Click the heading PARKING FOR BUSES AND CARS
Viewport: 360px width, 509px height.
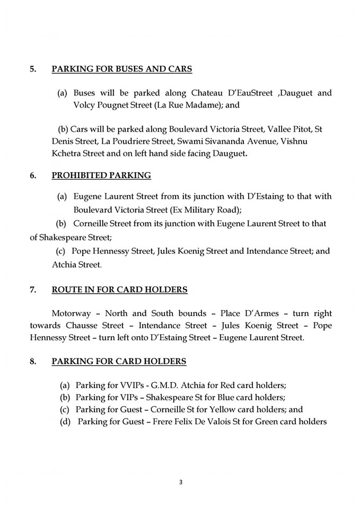click(x=121, y=69)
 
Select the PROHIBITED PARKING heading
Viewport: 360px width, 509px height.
click(x=101, y=175)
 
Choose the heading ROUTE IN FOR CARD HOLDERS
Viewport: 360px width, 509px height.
click(x=119, y=289)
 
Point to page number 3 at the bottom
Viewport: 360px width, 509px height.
click(x=180, y=482)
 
